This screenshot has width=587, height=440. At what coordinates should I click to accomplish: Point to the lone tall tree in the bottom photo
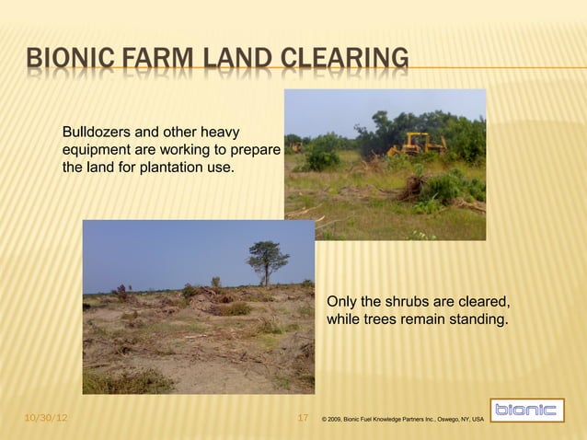tap(264, 258)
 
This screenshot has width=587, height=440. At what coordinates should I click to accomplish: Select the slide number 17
tap(305, 420)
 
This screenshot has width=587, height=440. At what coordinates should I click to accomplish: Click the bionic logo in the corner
tap(525, 411)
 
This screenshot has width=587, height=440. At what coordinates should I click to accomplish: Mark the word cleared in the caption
tap(480, 302)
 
